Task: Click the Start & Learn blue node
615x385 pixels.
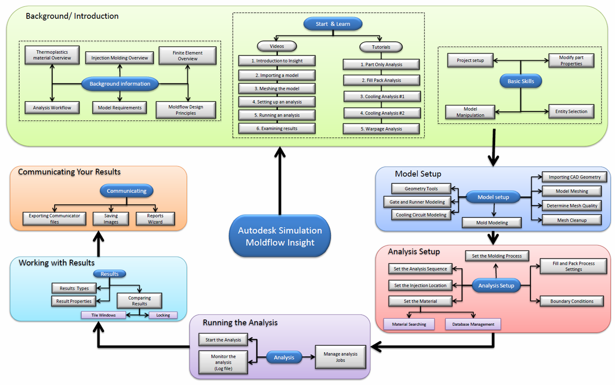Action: click(332, 24)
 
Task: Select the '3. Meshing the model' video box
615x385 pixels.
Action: click(276, 88)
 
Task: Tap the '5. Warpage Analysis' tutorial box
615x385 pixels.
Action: click(381, 129)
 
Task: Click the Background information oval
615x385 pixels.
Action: click(120, 84)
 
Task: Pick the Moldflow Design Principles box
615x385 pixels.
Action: click(185, 110)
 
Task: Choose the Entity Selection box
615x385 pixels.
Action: click(571, 111)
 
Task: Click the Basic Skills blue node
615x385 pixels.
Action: click(520, 82)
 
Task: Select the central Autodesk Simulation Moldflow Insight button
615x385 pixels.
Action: click(280, 236)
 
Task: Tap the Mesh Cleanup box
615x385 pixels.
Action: click(571, 220)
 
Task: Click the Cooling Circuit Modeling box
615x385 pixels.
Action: click(421, 215)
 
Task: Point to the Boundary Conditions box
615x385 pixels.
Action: click(571, 301)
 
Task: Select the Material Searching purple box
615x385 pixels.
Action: click(409, 324)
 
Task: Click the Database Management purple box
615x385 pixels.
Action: click(473, 324)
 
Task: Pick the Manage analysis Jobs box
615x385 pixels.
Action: click(340, 357)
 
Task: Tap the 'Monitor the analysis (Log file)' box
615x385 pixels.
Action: click(223, 362)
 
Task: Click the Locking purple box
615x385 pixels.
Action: click(163, 315)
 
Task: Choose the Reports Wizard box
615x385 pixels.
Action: click(155, 219)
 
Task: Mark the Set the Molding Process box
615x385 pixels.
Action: click(497, 256)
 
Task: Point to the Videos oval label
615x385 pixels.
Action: click(276, 46)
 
